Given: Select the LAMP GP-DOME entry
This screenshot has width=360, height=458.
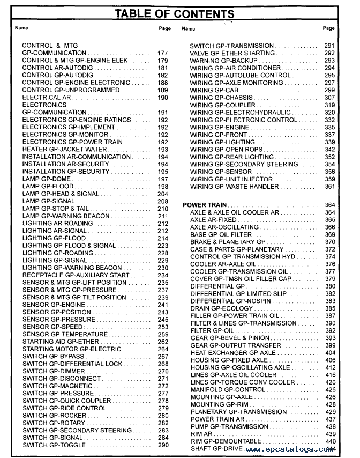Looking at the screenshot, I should (47, 179).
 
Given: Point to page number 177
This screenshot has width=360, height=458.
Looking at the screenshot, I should (163, 54).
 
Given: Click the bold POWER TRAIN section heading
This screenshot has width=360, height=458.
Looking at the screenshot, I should (205, 205).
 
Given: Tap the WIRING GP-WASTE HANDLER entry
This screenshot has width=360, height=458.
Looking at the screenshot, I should (234, 187).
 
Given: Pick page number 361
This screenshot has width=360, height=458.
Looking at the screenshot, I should (330, 187).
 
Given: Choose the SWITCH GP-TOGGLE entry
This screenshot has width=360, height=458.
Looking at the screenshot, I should (54, 445).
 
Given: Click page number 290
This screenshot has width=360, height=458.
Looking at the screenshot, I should (163, 445).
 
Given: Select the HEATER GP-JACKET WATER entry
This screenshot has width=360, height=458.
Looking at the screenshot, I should (64, 150).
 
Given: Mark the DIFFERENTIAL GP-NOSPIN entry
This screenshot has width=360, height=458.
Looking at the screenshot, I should (231, 301).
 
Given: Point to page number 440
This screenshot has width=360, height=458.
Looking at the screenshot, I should (330, 441).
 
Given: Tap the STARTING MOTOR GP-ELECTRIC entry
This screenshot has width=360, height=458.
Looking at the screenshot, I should (72, 349).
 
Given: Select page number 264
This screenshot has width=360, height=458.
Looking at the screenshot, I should (163, 349).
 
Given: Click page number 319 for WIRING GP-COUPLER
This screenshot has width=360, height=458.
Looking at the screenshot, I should (330, 105).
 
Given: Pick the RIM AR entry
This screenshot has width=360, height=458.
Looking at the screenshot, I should (201, 434).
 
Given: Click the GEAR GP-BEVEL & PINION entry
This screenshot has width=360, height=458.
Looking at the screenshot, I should (230, 338).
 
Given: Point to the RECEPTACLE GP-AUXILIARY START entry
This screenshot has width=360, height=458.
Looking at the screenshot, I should (76, 275).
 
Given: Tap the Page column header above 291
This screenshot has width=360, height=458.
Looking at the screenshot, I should (329, 28).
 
